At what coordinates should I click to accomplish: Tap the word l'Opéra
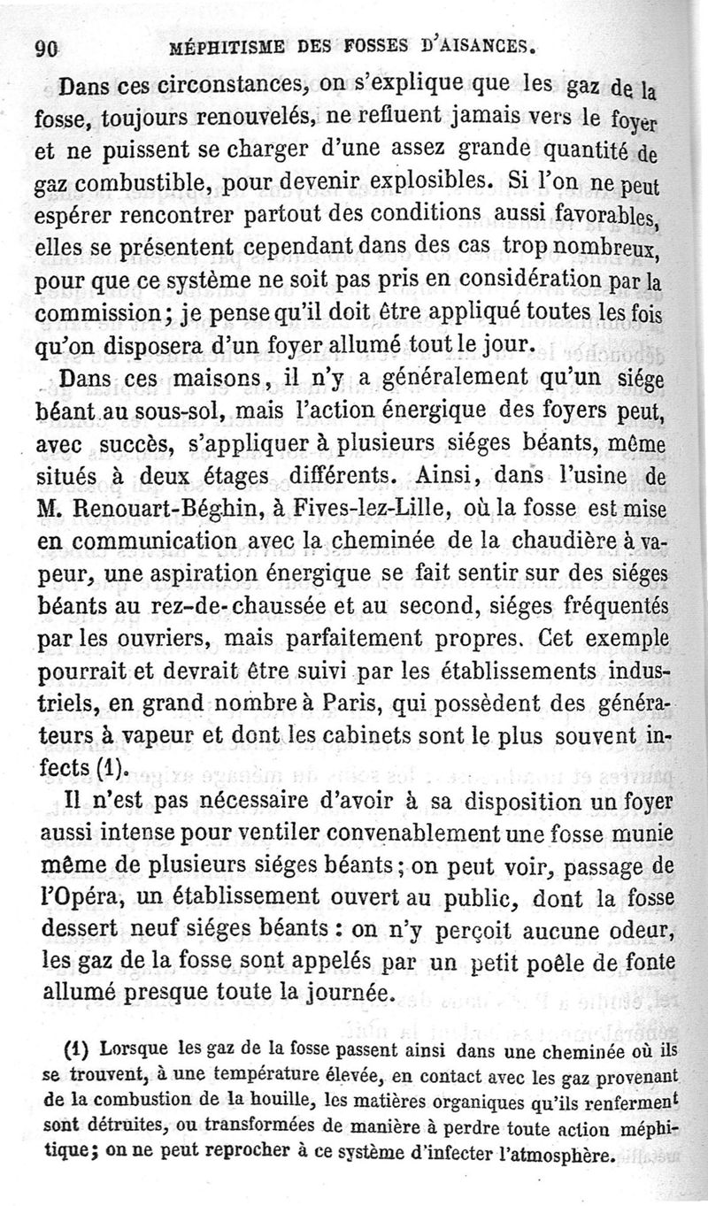click(x=88, y=896)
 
